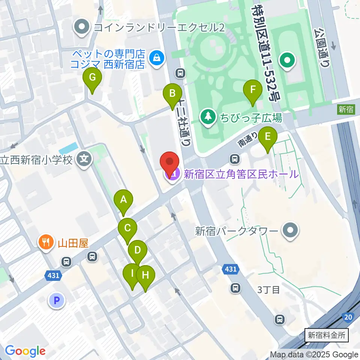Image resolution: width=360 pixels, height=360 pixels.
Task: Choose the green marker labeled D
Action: [137, 250]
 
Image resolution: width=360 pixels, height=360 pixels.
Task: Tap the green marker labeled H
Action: [145, 276]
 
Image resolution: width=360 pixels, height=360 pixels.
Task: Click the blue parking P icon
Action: [57, 300]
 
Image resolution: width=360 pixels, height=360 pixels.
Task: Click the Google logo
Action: [25, 351]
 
